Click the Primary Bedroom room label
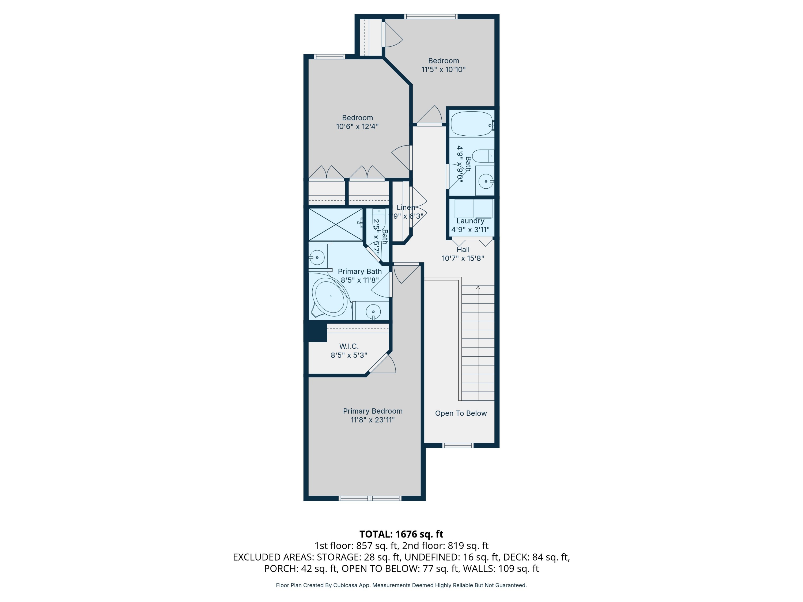(373, 411)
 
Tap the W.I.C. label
(349, 346)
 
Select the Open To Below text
(461, 413)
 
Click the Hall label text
(463, 250)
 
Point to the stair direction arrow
(478, 288)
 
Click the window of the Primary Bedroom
(370, 498)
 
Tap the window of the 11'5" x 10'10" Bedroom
(431, 16)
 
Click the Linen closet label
(406, 208)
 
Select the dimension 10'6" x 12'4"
(357, 127)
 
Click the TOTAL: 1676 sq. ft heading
(401, 534)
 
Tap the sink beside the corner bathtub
(373, 312)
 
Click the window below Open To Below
(458, 445)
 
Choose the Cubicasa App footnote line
(401, 585)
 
